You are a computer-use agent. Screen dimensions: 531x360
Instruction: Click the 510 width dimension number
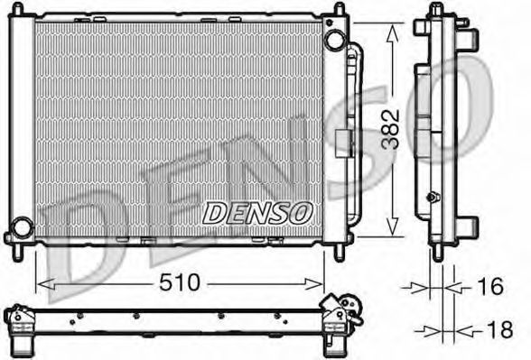(x=180, y=283)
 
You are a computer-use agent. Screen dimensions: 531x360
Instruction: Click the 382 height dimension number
(x=390, y=129)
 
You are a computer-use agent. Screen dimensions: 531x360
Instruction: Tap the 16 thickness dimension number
(x=490, y=286)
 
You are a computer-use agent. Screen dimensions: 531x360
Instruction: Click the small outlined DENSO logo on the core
(x=257, y=213)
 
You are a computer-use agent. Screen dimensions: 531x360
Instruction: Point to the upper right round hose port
(x=334, y=40)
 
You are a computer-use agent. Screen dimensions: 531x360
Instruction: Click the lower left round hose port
(x=23, y=227)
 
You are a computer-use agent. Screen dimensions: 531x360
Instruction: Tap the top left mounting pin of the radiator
(x=18, y=9)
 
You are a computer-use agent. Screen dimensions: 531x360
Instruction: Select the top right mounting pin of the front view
(x=340, y=9)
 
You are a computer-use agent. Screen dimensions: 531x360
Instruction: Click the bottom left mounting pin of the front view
(x=18, y=253)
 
